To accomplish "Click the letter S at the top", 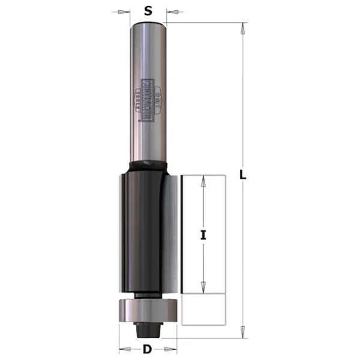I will coord(148,10).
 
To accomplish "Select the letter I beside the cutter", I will coord(203,236).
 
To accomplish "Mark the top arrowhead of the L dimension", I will coord(243,27).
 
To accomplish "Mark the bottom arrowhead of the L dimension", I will coord(243,331).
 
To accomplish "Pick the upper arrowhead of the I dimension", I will coord(203,179).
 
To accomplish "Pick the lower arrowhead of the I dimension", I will coord(203,288).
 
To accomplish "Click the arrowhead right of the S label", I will coord(170,11).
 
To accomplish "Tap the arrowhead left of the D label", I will coord(122,349).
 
